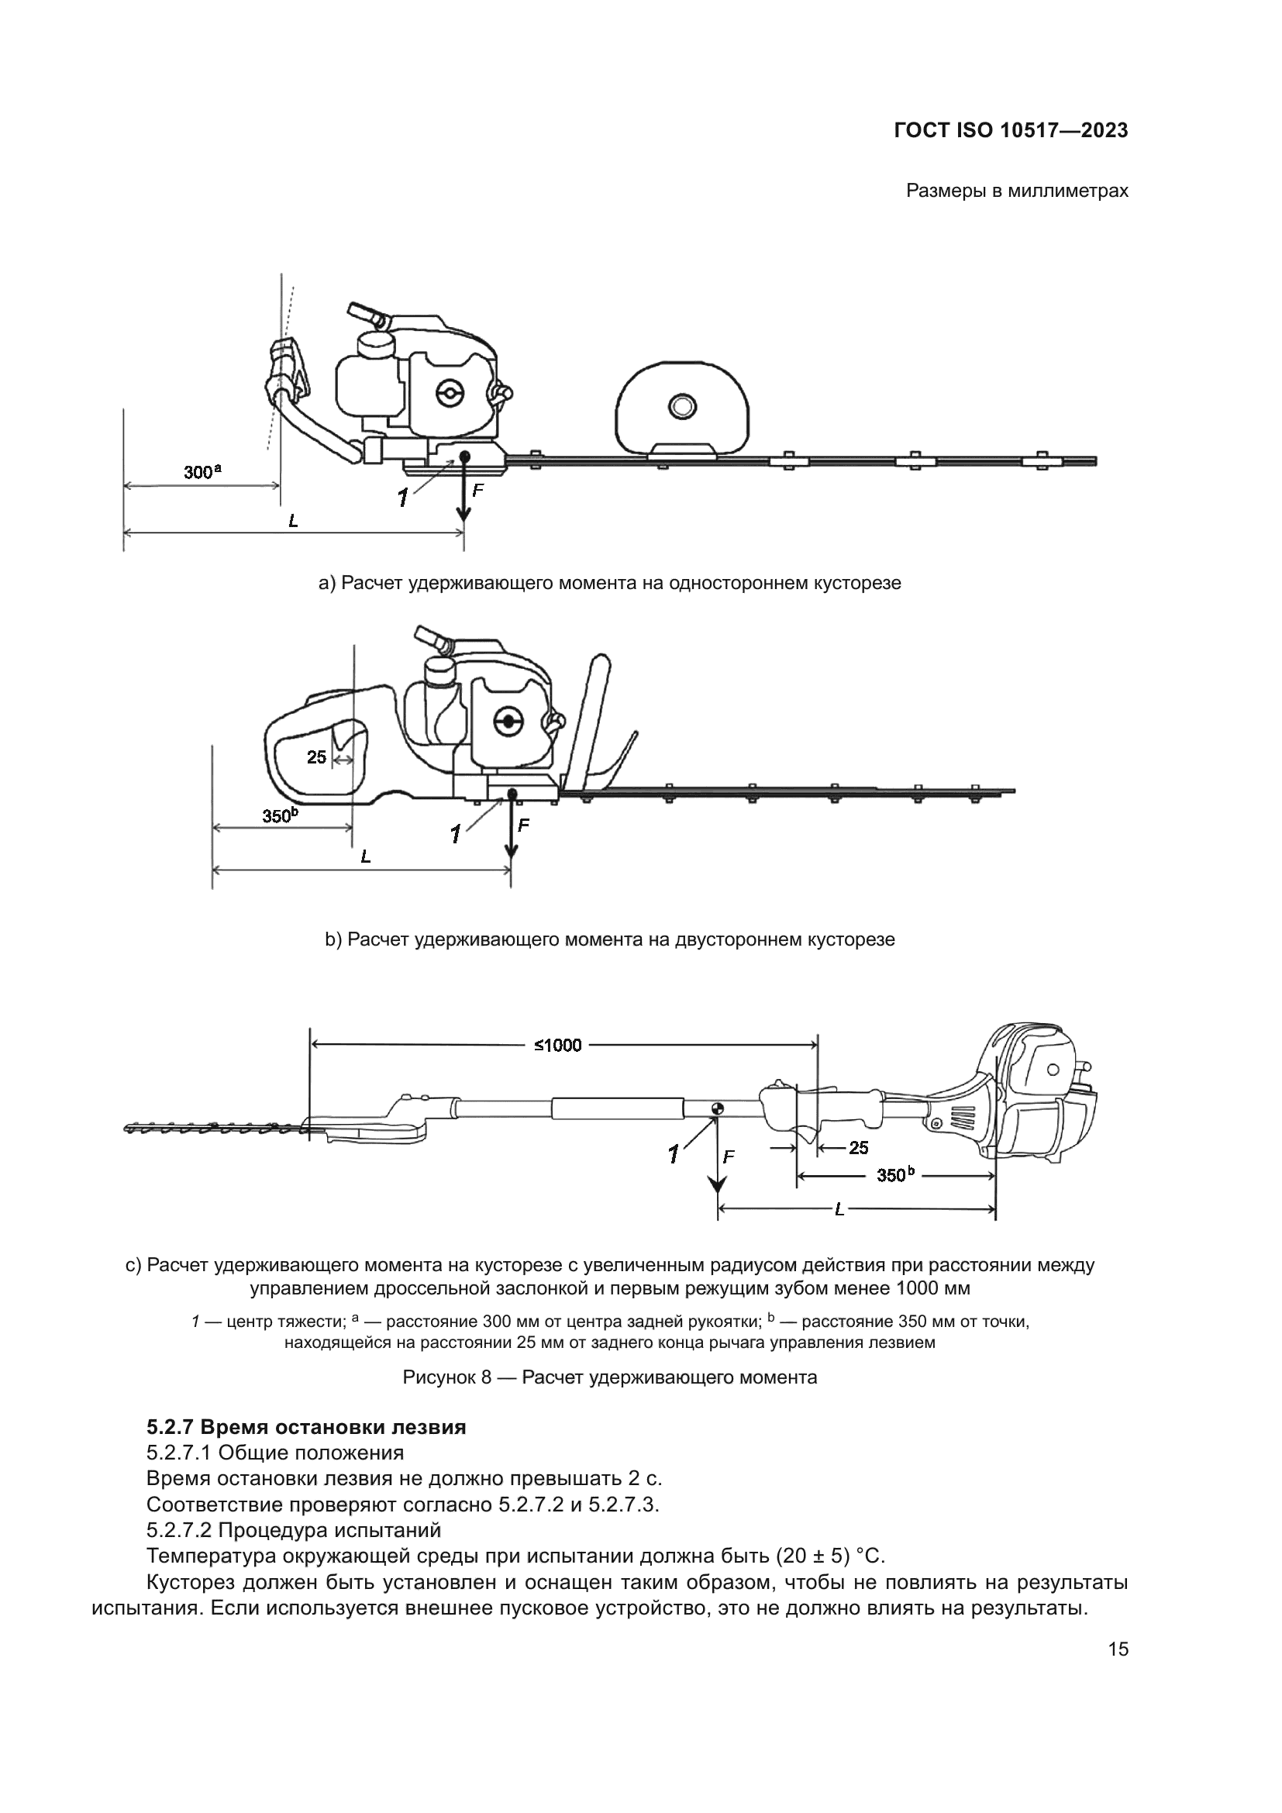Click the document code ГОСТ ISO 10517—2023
(x=1011, y=130)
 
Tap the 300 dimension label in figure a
(x=202, y=472)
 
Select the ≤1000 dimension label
(x=558, y=1046)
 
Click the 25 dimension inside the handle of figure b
(x=315, y=757)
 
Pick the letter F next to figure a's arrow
(x=477, y=491)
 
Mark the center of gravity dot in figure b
(x=512, y=794)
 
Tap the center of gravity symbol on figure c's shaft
(x=717, y=1108)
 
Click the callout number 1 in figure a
(x=402, y=498)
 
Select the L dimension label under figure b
(x=366, y=857)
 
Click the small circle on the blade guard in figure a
(x=681, y=407)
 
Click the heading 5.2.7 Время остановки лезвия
(x=305, y=1428)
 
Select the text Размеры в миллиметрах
(x=1017, y=191)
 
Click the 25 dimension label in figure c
(x=859, y=1148)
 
